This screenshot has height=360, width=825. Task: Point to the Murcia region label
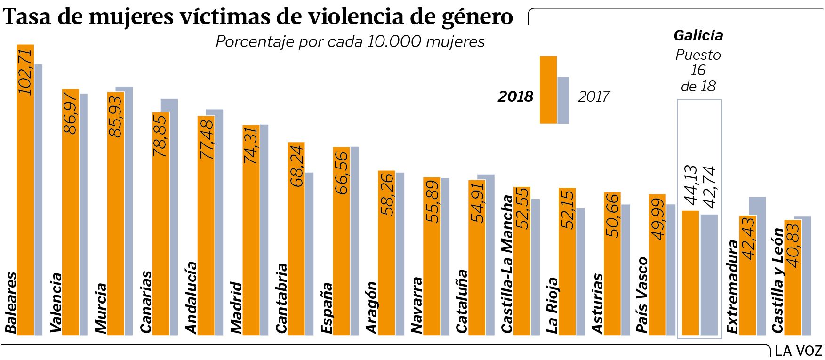pos(101,308)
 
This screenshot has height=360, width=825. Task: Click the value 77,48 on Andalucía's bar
pos(206,138)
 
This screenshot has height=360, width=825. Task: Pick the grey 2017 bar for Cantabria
pos(309,254)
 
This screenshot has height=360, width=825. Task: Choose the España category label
pos(327,308)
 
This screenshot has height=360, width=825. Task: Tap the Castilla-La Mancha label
pos(507,264)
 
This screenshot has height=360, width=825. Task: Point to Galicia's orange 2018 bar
pos(690,273)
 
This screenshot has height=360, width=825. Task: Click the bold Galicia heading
pos(698,35)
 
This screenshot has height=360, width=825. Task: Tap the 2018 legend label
pos(515,96)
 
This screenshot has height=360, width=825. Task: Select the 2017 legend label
pos(593,96)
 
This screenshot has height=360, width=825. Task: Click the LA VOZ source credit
pos(798,351)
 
